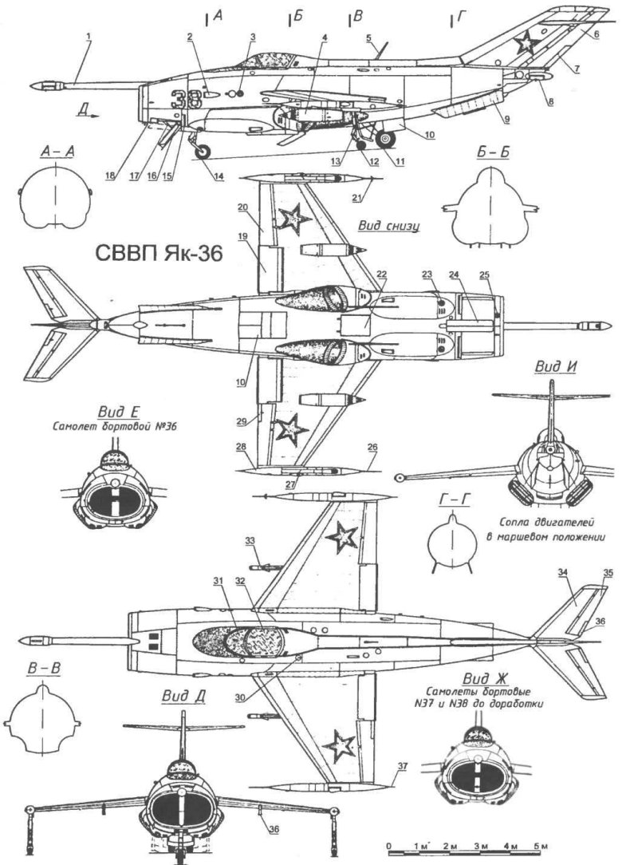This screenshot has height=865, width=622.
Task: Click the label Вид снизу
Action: (389, 226)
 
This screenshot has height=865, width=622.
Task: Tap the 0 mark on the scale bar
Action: (388, 845)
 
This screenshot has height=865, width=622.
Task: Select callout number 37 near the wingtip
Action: (403, 765)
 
